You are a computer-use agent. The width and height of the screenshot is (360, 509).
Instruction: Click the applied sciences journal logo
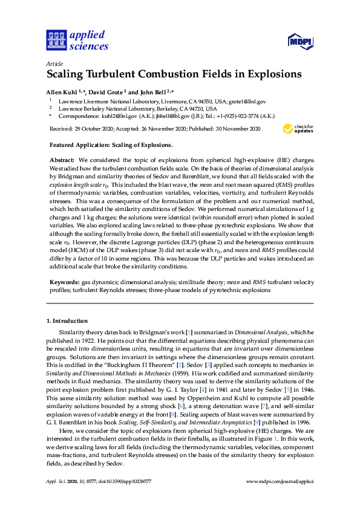pos(77,41)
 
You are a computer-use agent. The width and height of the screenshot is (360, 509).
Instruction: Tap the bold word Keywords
pos(64,283)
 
